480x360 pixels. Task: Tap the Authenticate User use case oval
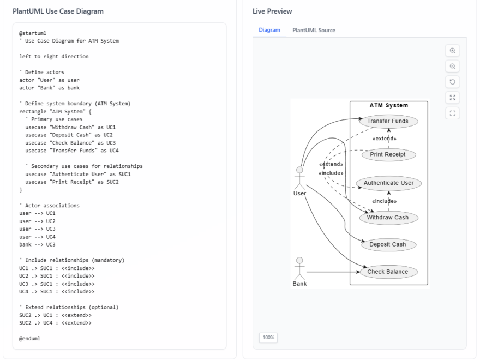click(389, 183)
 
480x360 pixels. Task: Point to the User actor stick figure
click(299, 180)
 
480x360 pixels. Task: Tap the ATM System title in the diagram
click(389, 105)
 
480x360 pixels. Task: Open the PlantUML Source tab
click(314, 30)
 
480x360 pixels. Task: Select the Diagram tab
click(269, 30)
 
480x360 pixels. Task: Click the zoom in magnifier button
click(452, 51)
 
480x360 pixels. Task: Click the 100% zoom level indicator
click(268, 337)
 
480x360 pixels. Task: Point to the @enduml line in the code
click(29, 338)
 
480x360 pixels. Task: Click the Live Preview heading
click(272, 11)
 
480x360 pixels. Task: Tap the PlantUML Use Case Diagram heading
click(58, 11)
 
